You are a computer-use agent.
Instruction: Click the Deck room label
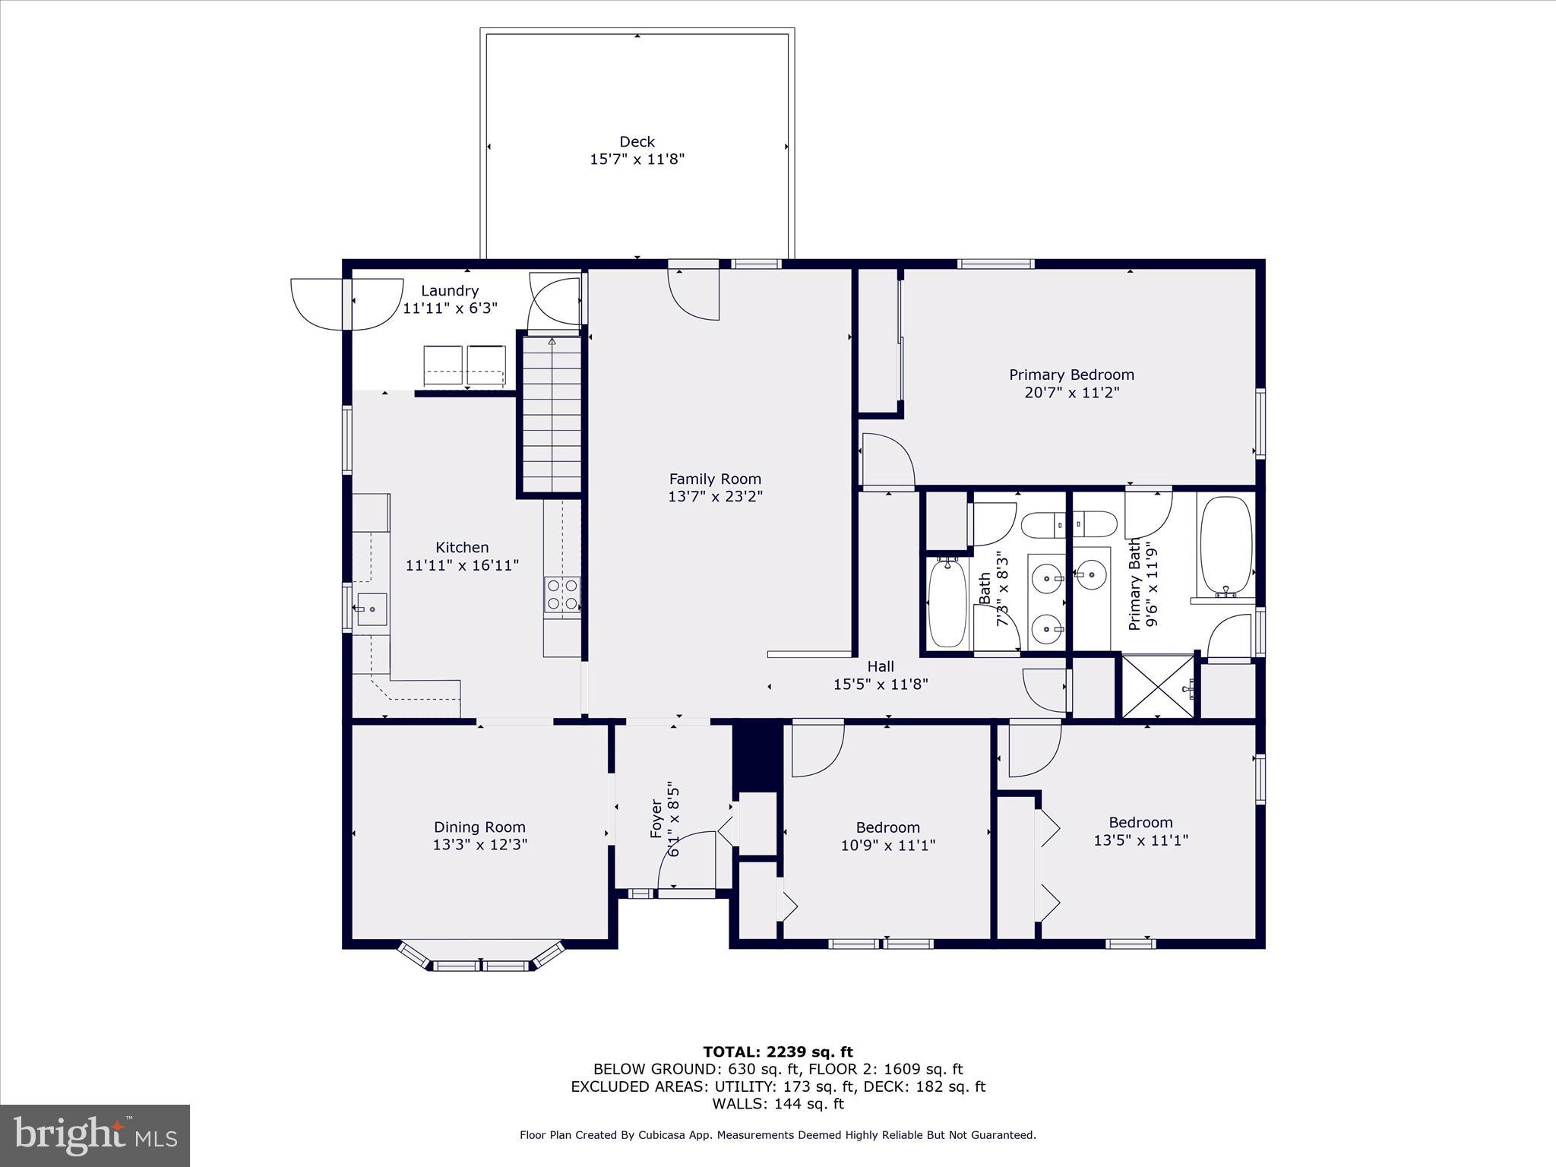(637, 141)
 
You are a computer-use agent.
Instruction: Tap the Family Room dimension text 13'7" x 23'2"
(714, 497)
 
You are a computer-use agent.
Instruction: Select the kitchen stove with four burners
(562, 594)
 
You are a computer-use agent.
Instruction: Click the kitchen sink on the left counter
(372, 609)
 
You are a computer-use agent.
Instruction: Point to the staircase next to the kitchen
(552, 414)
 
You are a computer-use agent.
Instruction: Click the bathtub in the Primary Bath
(1225, 546)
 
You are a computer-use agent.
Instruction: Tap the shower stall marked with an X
(1157, 687)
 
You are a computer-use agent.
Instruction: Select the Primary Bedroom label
(1071, 375)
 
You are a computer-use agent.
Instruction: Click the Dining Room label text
(479, 827)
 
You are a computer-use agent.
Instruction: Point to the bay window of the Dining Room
(481, 959)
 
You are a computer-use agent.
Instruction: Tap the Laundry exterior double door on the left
(346, 305)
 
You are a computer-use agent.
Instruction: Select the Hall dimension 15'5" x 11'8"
(881, 684)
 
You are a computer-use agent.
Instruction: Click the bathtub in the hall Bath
(947, 602)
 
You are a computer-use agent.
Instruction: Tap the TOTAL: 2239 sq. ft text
(777, 1052)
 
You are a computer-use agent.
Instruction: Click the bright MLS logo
(95, 1135)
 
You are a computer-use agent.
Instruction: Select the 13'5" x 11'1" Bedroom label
(1140, 831)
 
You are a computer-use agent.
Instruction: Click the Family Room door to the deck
(693, 291)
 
